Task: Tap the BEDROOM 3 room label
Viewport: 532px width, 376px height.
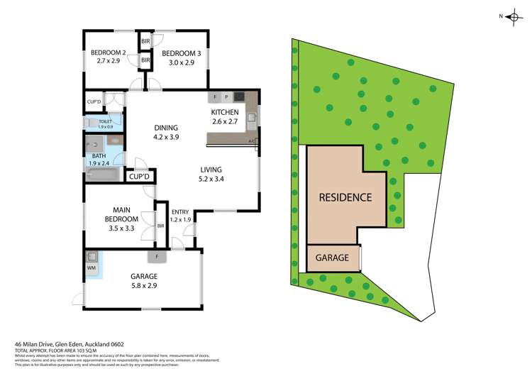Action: pyautogui.click(x=178, y=52)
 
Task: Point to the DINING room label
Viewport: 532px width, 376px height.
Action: pyautogui.click(x=167, y=128)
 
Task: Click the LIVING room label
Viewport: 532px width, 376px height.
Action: pyautogui.click(x=211, y=170)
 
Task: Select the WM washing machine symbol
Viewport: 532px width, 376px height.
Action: pyautogui.click(x=91, y=269)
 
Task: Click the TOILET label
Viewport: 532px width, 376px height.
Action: pyautogui.click(x=106, y=121)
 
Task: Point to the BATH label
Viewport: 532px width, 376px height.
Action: pyautogui.click(x=98, y=155)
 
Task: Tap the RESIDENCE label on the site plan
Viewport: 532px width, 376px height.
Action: pyautogui.click(x=345, y=197)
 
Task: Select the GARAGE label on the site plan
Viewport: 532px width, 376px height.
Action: pyautogui.click(x=332, y=258)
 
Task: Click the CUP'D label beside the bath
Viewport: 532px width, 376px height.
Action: pyautogui.click(x=138, y=176)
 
